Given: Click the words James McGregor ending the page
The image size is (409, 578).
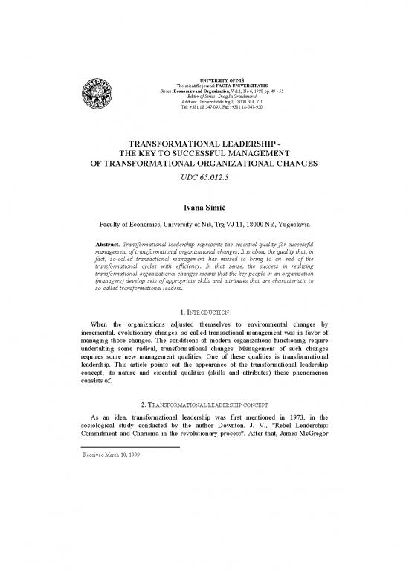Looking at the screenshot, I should click(x=313, y=448).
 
